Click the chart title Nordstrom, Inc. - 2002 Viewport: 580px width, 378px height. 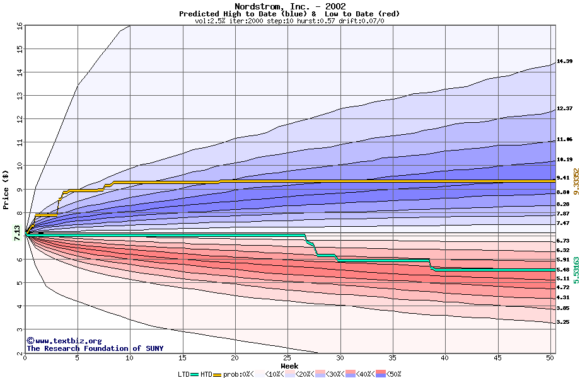tap(289, 6)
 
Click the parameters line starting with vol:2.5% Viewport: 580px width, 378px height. tap(289, 21)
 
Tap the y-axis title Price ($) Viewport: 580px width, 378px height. tap(6, 189)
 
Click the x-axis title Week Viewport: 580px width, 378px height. tap(289, 366)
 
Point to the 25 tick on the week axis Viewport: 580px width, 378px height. tap(287, 358)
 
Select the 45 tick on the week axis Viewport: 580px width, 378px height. tap(497, 358)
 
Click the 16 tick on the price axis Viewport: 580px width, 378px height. tap(19, 26)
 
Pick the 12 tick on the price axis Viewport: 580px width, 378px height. tap(19, 119)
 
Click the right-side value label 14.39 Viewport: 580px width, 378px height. tap(564, 61)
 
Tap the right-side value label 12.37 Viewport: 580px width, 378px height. tap(564, 108)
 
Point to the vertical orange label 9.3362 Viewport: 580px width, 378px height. tap(575, 182)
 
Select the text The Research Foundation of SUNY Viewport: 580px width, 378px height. tap(95, 348)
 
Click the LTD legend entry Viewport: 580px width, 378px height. tap(184, 374)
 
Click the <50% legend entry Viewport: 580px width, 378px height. tap(391, 374)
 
